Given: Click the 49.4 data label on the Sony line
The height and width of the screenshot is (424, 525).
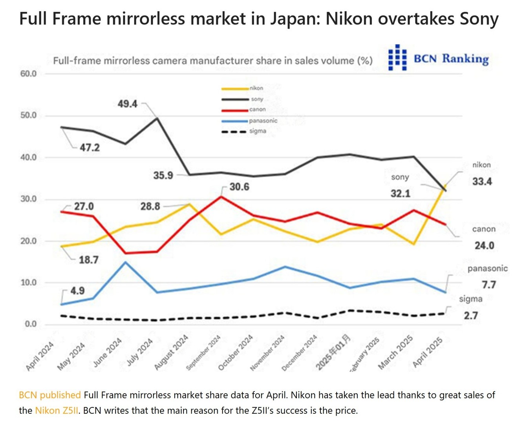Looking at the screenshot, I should pyautogui.click(x=128, y=104).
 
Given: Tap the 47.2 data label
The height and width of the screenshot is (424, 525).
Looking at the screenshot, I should pyautogui.click(x=90, y=148).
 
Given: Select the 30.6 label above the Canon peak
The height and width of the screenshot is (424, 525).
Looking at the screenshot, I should pyautogui.click(x=239, y=187).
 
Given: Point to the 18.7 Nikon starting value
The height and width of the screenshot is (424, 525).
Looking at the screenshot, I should pyautogui.click(x=88, y=260).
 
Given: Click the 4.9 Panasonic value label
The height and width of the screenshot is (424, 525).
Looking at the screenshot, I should pyautogui.click(x=77, y=291).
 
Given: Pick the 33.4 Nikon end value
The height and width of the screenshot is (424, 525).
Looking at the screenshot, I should pyautogui.click(x=482, y=182).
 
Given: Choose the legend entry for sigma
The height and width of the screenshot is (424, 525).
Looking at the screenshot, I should pyautogui.click(x=257, y=131).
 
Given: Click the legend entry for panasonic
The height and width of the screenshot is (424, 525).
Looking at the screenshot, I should pyautogui.click(x=263, y=121).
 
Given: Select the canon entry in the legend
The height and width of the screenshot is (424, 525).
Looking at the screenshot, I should pyautogui.click(x=257, y=110).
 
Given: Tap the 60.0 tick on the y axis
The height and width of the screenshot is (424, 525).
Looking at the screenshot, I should pyautogui.click(x=28, y=74).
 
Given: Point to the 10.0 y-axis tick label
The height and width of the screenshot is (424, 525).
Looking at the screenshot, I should pyautogui.click(x=28, y=283).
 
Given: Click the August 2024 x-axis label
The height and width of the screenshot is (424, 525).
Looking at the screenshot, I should pyautogui.click(x=171, y=353).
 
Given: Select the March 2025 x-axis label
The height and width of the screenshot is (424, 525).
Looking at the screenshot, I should pyautogui.click(x=395, y=352).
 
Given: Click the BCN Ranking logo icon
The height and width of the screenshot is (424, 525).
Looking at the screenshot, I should pyautogui.click(x=397, y=58).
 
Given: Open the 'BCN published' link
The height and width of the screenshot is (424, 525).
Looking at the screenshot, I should pyautogui.click(x=50, y=395).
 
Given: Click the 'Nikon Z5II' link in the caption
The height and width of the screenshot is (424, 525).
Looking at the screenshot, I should pyautogui.click(x=57, y=411).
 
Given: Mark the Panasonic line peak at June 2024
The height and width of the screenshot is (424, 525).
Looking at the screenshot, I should pyautogui.click(x=125, y=262).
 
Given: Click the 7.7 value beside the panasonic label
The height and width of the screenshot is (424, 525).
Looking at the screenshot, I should pyautogui.click(x=489, y=285).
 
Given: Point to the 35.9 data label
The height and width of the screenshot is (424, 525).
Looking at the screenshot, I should pyautogui.click(x=163, y=175).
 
